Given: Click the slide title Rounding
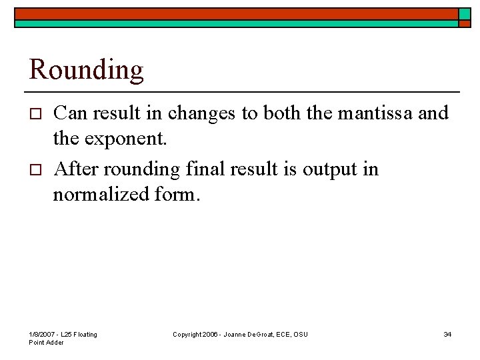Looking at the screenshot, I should click(86, 70).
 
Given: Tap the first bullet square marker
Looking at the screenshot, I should click(37, 113).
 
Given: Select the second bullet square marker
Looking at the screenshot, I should click(37, 169).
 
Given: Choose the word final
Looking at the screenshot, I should click(200, 169).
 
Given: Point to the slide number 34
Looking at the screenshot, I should click(447, 334).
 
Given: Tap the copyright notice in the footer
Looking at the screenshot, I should click(240, 334).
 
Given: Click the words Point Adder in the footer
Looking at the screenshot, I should click(47, 343).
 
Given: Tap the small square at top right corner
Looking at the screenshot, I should click(464, 13).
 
